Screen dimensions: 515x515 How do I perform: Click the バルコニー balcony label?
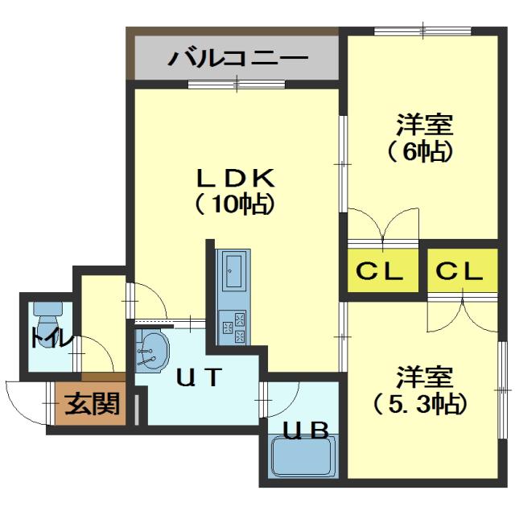(x=237, y=59)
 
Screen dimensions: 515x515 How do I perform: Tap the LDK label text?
(x=237, y=175)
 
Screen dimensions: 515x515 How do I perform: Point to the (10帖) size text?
(x=235, y=204)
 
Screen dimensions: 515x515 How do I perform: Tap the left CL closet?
(x=382, y=272)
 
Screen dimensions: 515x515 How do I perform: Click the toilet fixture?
(x=49, y=309)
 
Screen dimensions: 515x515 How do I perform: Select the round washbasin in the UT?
(x=152, y=351)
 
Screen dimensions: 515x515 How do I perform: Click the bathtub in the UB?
(x=303, y=457)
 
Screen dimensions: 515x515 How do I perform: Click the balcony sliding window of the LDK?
(x=237, y=83)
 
